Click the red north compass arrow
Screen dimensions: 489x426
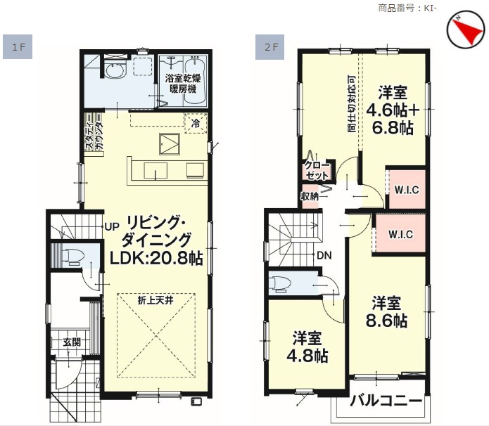(467, 30)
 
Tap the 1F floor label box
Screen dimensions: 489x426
(18, 46)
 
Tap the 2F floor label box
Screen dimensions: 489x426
(269, 46)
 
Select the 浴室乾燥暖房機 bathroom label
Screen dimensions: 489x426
(183, 84)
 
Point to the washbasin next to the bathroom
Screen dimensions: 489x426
(114, 71)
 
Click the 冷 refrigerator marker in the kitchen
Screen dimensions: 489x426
(196, 124)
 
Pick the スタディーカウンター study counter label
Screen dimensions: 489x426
(94, 132)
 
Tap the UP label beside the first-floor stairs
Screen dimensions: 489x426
(112, 227)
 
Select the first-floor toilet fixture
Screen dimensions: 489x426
(73, 257)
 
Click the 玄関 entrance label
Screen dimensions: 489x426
(72, 342)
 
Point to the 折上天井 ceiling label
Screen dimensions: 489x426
(155, 300)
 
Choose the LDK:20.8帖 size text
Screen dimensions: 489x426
(156, 259)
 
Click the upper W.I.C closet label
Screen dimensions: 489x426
(407, 190)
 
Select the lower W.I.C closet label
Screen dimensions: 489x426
(401, 234)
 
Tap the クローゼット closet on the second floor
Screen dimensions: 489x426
(317, 171)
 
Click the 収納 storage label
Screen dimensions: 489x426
(310, 196)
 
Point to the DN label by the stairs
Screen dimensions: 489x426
(324, 256)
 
